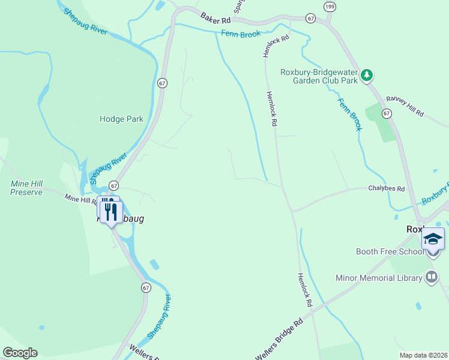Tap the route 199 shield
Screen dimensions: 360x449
(x=329, y=7)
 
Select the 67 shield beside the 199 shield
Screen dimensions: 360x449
(x=310, y=19)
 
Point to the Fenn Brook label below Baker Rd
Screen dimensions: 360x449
(x=241, y=34)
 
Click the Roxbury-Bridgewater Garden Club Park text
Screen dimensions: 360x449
(x=319, y=76)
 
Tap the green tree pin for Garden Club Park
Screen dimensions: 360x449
(x=367, y=76)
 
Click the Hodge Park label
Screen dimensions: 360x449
(x=121, y=119)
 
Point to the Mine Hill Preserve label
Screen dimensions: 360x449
(x=26, y=188)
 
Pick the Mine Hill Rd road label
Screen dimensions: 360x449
(x=80, y=199)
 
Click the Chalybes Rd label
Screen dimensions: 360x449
(x=387, y=188)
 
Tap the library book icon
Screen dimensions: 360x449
(x=431, y=277)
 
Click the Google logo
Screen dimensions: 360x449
(x=20, y=353)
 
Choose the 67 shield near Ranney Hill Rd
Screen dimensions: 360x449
(x=387, y=113)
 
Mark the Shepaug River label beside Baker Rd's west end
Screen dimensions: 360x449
(x=86, y=22)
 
